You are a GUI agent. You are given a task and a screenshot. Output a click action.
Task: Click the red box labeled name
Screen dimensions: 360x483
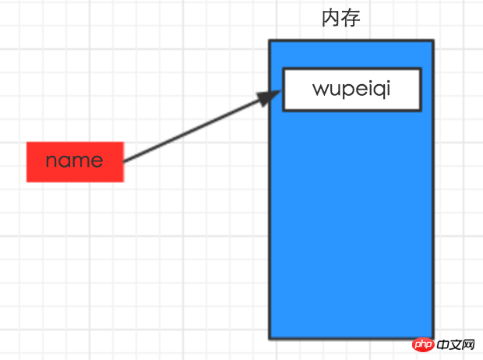75,162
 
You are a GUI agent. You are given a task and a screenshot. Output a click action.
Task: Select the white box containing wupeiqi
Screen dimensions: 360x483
351,90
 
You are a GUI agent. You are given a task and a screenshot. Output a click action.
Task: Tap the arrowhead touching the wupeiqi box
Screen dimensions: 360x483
269,97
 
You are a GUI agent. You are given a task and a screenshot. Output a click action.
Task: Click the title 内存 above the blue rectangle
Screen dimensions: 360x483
341,18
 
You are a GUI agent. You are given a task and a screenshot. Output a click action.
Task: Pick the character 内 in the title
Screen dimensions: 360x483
332,18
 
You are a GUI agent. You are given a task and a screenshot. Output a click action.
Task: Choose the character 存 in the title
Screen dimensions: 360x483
351,18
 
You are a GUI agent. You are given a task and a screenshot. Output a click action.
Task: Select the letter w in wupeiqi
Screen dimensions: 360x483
319,89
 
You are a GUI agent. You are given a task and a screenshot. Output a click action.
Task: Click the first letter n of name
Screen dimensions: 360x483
51,161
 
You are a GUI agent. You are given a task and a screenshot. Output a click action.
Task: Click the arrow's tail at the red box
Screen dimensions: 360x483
125,161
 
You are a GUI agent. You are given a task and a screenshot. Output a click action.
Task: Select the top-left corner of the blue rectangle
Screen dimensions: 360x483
270,41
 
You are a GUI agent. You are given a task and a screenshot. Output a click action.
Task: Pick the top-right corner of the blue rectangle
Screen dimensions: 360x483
432,41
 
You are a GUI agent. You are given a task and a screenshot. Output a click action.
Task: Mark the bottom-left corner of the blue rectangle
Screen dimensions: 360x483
270,338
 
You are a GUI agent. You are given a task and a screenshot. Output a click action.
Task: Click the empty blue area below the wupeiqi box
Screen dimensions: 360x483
351,226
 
